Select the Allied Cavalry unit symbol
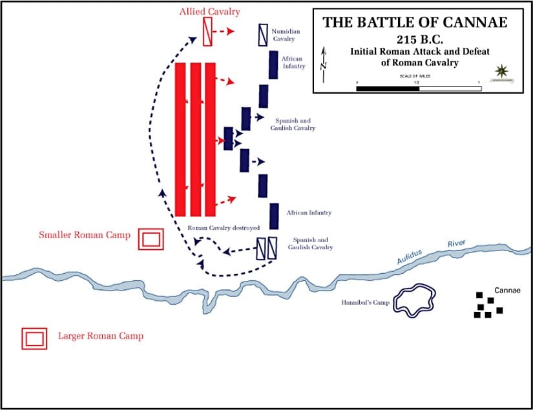click(x=207, y=32)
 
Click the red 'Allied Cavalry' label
click(x=210, y=12)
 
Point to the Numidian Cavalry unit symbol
click(x=263, y=34)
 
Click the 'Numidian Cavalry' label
click(x=286, y=35)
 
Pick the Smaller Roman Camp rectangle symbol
click(x=151, y=238)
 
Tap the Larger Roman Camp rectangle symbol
click(x=34, y=338)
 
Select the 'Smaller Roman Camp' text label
click(x=85, y=235)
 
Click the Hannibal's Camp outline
click(x=414, y=300)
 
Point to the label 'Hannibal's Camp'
click(x=366, y=303)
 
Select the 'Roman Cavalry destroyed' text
click(x=224, y=228)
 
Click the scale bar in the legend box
click(x=418, y=88)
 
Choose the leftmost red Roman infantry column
click(x=180, y=139)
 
